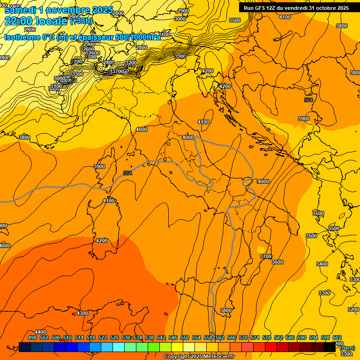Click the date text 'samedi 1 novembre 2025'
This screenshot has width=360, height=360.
[x=59, y=10]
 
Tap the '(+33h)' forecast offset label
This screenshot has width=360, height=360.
[x=81, y=21]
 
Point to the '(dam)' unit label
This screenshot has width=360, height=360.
[x=347, y=348]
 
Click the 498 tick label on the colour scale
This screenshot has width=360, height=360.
[x=32, y=337]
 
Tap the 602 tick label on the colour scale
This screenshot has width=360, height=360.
[x=337, y=337]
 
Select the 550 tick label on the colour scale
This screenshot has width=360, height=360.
[x=185, y=337]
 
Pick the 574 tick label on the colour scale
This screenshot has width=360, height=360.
[x=255, y=337]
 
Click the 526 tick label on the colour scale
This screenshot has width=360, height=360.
[x=114, y=337]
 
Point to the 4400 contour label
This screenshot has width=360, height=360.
[x=40, y=332]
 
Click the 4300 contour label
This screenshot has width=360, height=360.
[x=82, y=313]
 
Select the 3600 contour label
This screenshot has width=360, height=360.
[x=277, y=262]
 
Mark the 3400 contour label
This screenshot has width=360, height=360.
[x=322, y=264]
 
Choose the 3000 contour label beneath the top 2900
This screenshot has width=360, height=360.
[x=180, y=19]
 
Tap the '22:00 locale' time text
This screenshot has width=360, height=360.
[x=36, y=21]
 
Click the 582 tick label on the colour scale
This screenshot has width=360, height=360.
[x=278, y=337]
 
